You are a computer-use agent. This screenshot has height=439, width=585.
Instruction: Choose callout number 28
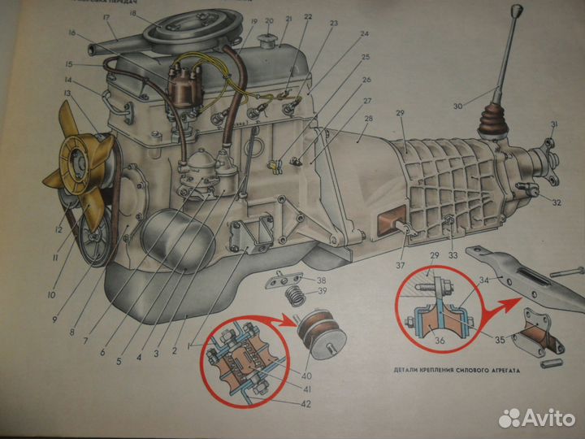coord(369,120)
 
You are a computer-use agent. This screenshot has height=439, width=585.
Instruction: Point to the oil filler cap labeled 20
coord(264,41)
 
